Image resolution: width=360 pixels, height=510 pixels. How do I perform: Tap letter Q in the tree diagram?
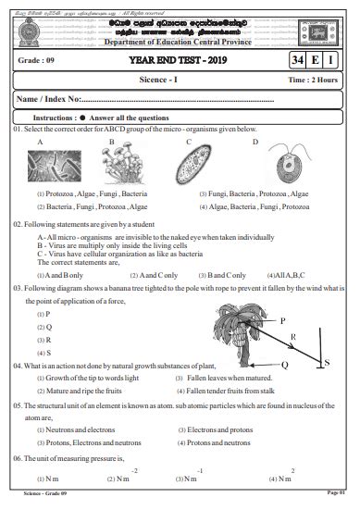click(284, 365)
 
